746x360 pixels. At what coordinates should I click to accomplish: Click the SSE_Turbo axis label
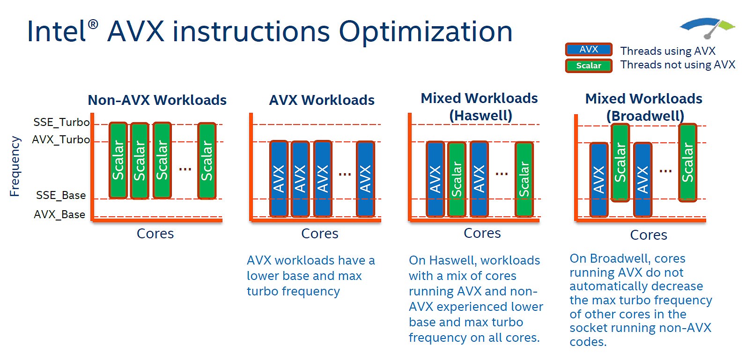pyautogui.click(x=61, y=122)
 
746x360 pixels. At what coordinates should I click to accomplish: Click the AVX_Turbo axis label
pyautogui.click(x=61, y=140)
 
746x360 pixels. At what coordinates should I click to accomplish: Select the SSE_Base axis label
pyautogui.click(x=61, y=195)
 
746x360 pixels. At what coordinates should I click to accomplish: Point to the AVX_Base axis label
pyautogui.click(x=59, y=214)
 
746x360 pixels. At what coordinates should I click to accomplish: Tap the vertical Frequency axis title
pyautogui.click(x=15, y=166)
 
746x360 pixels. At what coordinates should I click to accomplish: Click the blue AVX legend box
pyautogui.click(x=589, y=49)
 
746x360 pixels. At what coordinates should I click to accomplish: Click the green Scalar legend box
pyautogui.click(x=589, y=66)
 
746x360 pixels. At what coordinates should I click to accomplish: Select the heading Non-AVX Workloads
pyautogui.click(x=157, y=100)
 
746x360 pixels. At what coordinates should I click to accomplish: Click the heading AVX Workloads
pyautogui.click(x=322, y=100)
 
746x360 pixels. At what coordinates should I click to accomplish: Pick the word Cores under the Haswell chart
pyautogui.click(x=482, y=233)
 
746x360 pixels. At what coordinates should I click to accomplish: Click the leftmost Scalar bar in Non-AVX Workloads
pyautogui.click(x=118, y=160)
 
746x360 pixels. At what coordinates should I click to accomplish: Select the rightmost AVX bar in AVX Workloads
pyautogui.click(x=365, y=178)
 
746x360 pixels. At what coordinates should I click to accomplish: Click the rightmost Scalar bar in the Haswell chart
pyautogui.click(x=524, y=179)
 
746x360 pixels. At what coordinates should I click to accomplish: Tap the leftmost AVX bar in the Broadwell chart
pyautogui.click(x=598, y=179)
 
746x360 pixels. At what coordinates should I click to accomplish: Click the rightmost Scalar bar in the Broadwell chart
pyautogui.click(x=687, y=162)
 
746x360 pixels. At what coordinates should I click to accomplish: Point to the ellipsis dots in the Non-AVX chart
pyautogui.click(x=185, y=169)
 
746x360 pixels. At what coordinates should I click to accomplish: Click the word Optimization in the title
pyautogui.click(x=425, y=32)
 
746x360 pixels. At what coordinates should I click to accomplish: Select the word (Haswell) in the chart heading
pyautogui.click(x=480, y=116)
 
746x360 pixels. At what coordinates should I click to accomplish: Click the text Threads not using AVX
pyautogui.click(x=678, y=65)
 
